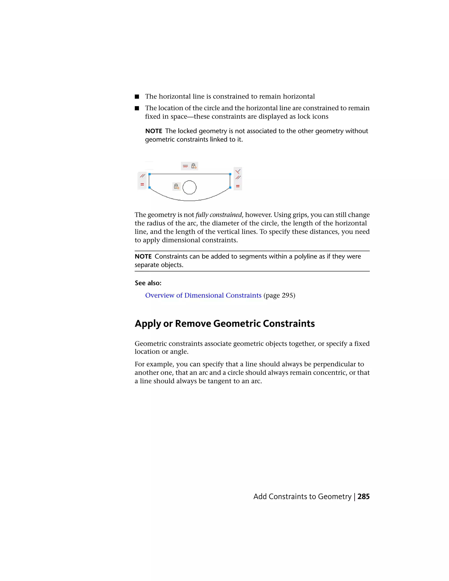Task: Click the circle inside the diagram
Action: pos(189,187)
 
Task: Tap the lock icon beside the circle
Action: pos(176,186)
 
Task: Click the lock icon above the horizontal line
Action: pos(194,166)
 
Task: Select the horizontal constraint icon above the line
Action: pos(185,166)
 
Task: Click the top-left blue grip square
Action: pos(150,174)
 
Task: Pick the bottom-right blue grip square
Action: pos(230,187)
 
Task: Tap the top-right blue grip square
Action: pos(230,174)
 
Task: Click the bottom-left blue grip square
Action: pos(150,187)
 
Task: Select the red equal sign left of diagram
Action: pos(142,184)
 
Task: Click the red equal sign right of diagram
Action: pos(238,186)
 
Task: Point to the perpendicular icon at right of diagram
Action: pos(238,171)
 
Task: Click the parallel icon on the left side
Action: pos(143,176)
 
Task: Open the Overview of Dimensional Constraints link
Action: pos(203,295)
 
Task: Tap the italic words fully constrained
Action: pos(219,215)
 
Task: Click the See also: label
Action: pos(148,283)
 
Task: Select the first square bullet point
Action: pos(137,96)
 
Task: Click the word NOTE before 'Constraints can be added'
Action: pos(143,257)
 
